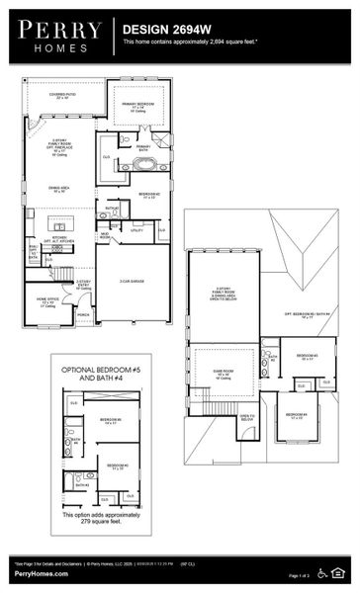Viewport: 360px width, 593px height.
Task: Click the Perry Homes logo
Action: (x=59, y=35)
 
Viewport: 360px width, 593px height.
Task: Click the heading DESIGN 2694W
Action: (x=163, y=31)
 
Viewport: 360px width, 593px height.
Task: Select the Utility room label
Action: (x=136, y=228)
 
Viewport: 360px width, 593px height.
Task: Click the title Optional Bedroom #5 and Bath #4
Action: (x=102, y=375)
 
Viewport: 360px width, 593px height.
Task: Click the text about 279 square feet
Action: (x=101, y=520)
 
